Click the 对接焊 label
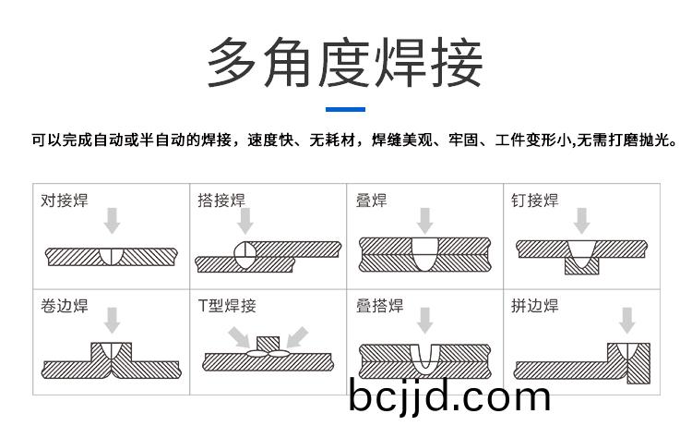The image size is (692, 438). (65, 201)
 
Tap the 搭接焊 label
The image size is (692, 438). (221, 201)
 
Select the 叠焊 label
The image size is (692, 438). (371, 201)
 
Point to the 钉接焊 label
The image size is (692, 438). (535, 201)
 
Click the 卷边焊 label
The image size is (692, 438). (65, 306)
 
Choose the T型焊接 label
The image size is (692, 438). (227, 306)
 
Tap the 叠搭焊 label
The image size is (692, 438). (379, 306)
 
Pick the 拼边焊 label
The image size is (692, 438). (535, 306)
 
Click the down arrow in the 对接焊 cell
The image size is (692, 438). (112, 221)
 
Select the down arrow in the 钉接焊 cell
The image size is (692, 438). (581, 221)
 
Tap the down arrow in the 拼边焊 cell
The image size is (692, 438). (626, 321)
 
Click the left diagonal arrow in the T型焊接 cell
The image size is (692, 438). (240, 337)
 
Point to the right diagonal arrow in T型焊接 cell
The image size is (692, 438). (297, 337)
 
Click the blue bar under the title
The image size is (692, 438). (345, 109)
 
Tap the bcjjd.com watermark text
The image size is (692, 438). (449, 397)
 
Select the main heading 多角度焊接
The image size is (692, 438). (345, 63)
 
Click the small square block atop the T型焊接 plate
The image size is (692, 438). (268, 344)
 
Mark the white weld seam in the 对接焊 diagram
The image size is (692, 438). (112, 257)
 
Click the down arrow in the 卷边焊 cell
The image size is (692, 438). (112, 321)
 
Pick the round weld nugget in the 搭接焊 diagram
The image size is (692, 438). (245, 255)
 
